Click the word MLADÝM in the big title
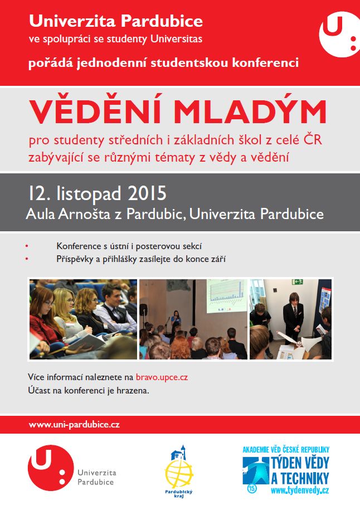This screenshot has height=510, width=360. click(250, 111)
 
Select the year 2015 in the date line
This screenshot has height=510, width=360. click(147, 193)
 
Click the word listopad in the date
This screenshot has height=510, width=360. click(89, 194)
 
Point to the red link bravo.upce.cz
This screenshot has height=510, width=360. click(162, 377)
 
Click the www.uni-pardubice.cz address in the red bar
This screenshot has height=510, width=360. click(74, 425)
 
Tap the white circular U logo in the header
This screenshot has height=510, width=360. click(339, 34)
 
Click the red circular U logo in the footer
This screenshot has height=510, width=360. click(51, 468)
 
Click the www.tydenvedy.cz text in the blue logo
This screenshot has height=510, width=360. click(300, 490)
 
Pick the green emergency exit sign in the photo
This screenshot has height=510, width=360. click(297, 281)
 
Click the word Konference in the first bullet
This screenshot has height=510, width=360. click(79, 246)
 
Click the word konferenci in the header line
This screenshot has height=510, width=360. click(265, 62)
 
